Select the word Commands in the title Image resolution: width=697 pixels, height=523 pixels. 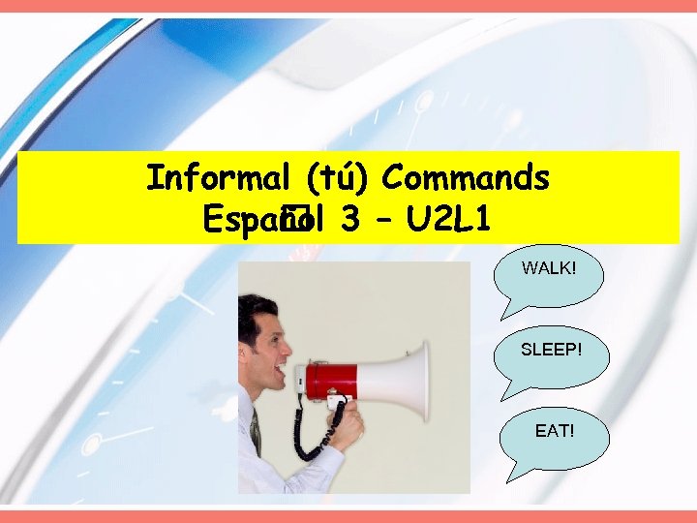466,178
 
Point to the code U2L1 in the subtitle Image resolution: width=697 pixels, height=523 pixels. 449,221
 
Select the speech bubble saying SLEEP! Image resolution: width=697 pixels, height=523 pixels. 551,349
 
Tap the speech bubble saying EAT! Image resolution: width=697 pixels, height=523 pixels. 554,428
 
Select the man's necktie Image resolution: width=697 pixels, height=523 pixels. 256,432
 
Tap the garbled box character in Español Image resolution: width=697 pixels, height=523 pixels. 292,221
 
